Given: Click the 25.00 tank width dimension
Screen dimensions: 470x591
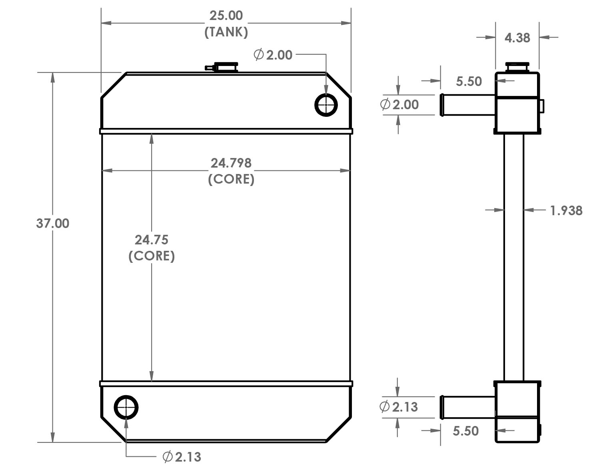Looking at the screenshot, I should pos(226,16).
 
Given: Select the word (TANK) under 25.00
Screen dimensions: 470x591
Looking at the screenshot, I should pos(226,32).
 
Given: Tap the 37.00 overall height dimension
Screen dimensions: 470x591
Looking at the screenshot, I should pos(52,223).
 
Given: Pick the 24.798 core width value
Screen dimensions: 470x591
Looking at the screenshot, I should pos(231,163).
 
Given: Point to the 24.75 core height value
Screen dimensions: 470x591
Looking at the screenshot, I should pos(151,240).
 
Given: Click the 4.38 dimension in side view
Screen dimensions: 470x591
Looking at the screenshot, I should pos(517,38).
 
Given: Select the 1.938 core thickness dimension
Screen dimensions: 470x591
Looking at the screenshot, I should pos(566,210).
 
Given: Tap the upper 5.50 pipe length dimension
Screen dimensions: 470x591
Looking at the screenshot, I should pos(469,82).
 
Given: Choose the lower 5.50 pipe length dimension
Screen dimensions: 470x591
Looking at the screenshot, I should pos(465,431).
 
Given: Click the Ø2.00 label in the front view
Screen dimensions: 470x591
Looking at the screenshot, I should pos(273,55).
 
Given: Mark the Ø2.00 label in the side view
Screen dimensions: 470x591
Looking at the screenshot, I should pos(399,105).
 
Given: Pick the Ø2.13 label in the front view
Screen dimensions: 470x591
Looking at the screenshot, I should pos(182,456).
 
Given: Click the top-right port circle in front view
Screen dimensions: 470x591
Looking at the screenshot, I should pos(326,105).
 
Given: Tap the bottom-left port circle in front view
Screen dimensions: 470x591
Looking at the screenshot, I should pos(126,408).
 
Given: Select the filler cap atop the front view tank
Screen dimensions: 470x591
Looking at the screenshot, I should pos(226,66).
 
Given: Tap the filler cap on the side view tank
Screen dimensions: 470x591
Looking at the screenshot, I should pos(517,66).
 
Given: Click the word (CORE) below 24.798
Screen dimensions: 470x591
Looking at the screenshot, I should pos(231,179).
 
